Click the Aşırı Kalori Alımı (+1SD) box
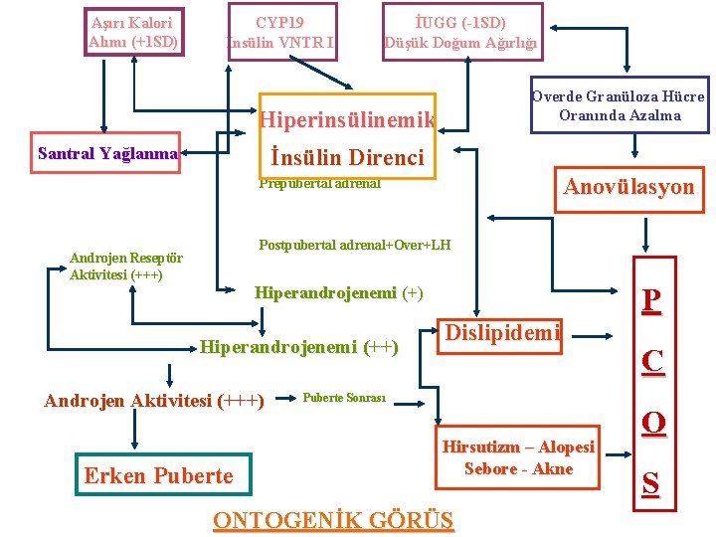(133, 31)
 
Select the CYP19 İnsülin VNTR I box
(281, 31)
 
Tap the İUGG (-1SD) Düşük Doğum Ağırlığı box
(461, 31)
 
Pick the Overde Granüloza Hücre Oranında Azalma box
(619, 105)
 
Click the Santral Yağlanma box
(106, 153)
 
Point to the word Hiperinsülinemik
(346, 120)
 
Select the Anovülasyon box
(628, 187)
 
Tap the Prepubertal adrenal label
(319, 183)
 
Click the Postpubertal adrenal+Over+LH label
(354, 245)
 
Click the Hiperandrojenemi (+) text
(338, 292)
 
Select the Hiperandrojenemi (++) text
(299, 347)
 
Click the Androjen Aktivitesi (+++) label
(154, 401)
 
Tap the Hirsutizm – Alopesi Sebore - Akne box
(518, 457)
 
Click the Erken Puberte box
(159, 475)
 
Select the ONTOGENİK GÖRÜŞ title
(333, 520)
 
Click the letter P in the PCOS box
(651, 301)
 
